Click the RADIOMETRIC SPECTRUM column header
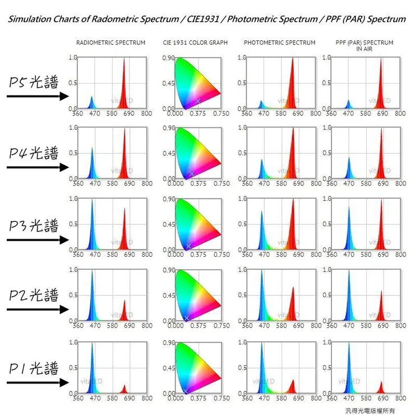[110, 43]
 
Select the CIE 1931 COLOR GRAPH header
[195, 43]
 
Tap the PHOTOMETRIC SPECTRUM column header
[280, 43]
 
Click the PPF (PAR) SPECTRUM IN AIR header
[364, 45]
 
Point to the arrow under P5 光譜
[37, 96]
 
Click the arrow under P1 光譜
[37, 383]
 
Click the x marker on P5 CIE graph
[198, 101]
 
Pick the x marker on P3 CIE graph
[188, 246]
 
